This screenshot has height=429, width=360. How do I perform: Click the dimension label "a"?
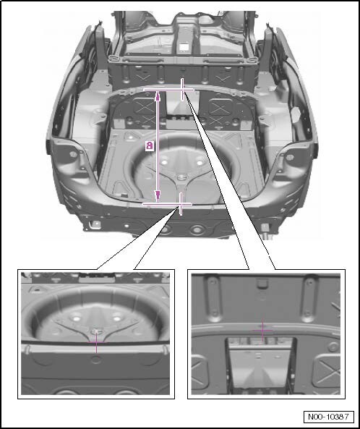click(x=149, y=145)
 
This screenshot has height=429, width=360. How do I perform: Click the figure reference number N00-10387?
click(x=329, y=417)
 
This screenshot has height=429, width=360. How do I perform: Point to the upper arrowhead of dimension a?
click(x=158, y=95)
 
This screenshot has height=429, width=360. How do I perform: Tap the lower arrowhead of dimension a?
click(x=158, y=196)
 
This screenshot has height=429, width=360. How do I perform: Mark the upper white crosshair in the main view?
click(x=182, y=89)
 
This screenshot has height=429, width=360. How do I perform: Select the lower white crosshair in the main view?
click(x=181, y=204)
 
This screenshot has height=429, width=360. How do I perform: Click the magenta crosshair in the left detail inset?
click(x=96, y=342)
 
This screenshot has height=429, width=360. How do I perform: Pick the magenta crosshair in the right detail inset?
click(x=262, y=330)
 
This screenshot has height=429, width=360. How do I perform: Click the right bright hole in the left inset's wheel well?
click(x=117, y=318)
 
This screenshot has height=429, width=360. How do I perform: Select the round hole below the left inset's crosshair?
click(x=96, y=359)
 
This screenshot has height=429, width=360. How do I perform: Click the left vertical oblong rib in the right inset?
click(x=214, y=299)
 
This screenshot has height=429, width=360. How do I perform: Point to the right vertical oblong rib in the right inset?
click(x=309, y=298)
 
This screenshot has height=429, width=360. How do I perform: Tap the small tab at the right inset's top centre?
click(x=262, y=282)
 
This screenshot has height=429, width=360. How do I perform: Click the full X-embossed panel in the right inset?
click(x=327, y=370)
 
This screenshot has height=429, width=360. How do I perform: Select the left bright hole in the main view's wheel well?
click(x=164, y=162)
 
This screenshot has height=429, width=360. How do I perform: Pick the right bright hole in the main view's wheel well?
click(x=200, y=163)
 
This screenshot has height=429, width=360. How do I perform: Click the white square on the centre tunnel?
click(x=183, y=47)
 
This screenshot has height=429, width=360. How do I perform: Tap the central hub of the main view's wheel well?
click(x=181, y=177)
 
